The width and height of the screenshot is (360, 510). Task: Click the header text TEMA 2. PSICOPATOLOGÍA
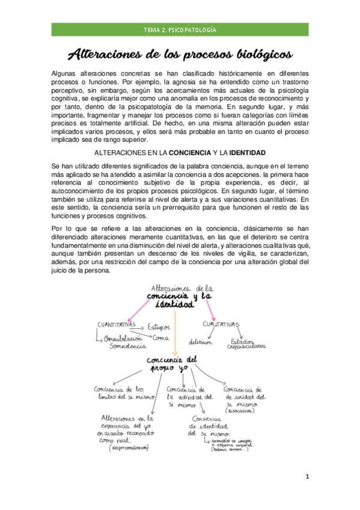tap(180, 29)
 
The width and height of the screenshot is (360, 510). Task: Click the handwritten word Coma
tap(161, 338)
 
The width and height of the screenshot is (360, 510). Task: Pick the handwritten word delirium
tap(200, 342)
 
